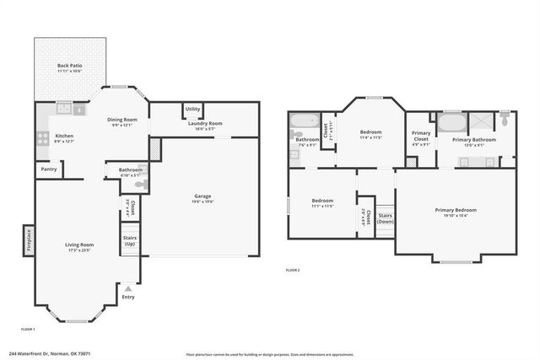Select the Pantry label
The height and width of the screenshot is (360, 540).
point(49,169)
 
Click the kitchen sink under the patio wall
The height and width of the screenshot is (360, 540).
point(64,109)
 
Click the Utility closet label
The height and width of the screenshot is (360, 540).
point(192,109)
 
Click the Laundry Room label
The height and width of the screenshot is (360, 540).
point(203,123)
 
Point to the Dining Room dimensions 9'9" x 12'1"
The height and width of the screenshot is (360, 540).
point(123,125)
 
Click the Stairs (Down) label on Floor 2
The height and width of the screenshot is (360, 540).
point(385,218)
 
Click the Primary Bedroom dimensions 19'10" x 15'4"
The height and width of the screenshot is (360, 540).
point(455,215)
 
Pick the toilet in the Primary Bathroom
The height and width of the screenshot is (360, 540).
point(505,119)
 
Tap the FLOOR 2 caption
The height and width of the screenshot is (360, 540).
point(293,270)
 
